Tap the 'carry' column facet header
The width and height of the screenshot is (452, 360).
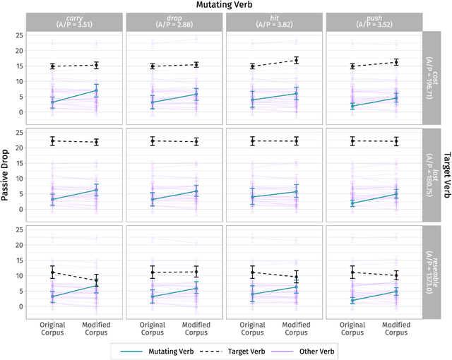coord(74,22)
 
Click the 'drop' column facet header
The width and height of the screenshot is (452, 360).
coord(174,22)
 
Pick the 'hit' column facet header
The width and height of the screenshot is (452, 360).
coord(273,22)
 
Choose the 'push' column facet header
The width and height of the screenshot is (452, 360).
coord(373,22)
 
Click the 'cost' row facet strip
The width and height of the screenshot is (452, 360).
coord(431,78)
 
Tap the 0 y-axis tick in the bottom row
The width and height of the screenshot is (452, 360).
coord(21,306)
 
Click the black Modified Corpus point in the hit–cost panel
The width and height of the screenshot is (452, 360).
coord(296,61)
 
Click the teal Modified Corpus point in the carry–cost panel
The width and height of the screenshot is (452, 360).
coord(96,90)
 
